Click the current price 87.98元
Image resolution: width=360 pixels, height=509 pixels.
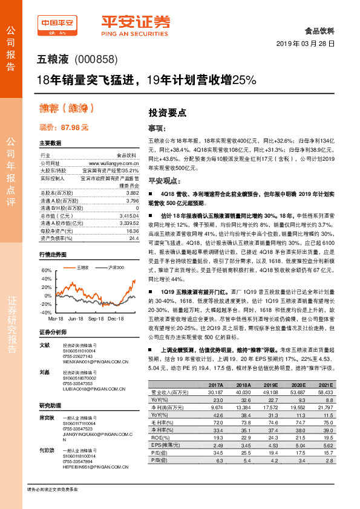64,128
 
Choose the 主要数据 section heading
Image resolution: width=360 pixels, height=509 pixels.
50,143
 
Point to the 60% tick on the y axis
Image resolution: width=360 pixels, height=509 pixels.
46,270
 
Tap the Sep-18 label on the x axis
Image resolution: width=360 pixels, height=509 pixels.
96,318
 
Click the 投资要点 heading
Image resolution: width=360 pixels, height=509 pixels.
167,112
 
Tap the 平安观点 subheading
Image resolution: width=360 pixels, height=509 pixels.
165,180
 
